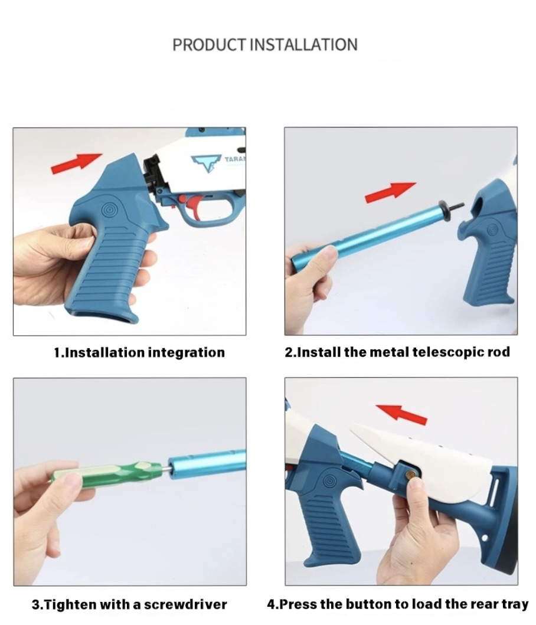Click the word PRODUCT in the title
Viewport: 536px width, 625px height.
click(x=209, y=45)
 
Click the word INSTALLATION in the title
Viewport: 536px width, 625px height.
click(x=303, y=45)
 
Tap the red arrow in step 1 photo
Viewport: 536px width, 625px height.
click(x=77, y=163)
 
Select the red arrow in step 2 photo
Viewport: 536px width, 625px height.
click(x=390, y=192)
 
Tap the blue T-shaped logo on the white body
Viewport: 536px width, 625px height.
click(x=206, y=163)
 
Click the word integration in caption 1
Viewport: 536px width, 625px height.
click(x=187, y=353)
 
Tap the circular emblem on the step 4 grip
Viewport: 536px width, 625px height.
click(x=329, y=482)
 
